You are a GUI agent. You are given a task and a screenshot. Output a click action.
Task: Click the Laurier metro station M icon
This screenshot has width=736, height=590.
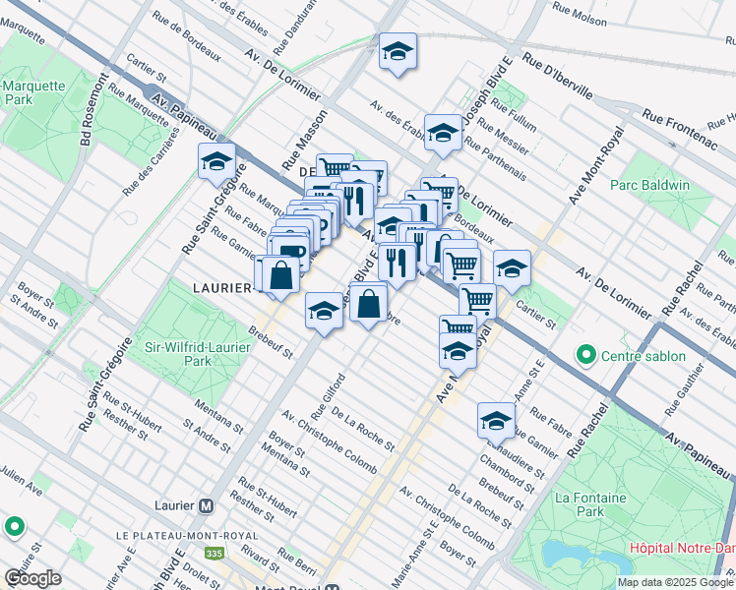206,505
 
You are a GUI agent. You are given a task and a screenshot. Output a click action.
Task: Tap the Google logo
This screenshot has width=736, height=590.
32,578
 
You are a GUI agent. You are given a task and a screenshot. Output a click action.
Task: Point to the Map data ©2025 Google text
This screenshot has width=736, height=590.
675,582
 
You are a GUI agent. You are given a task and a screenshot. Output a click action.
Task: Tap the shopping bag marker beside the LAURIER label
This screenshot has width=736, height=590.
280,275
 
